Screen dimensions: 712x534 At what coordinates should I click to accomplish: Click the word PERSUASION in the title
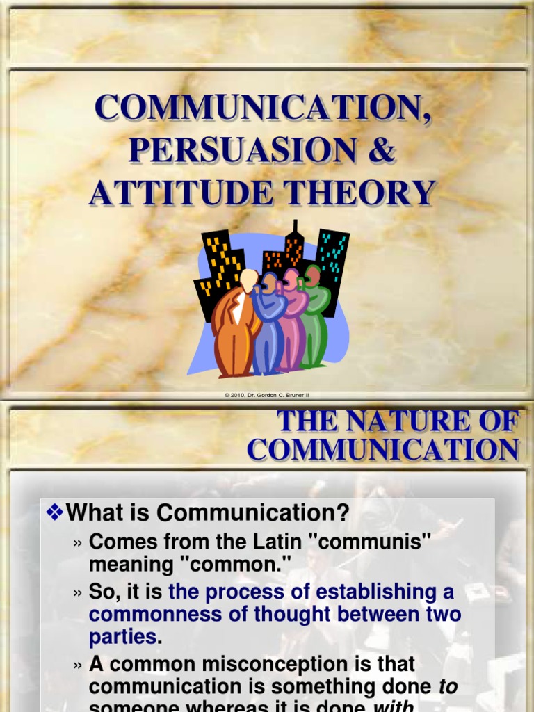click(221, 151)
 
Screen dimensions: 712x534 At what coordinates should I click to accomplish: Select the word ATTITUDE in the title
click(181, 193)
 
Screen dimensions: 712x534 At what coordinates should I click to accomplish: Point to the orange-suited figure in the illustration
click(234, 323)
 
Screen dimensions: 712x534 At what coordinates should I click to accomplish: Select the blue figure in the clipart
click(268, 327)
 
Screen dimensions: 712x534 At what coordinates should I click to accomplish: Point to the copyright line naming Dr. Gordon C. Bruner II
click(267, 395)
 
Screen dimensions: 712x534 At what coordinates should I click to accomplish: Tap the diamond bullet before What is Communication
click(54, 513)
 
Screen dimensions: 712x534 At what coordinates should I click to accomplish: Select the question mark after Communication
click(341, 514)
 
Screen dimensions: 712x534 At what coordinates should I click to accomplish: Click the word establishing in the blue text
click(376, 592)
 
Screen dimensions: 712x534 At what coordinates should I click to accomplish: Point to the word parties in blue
click(122, 636)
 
